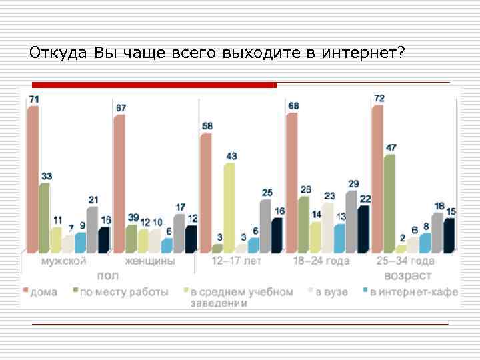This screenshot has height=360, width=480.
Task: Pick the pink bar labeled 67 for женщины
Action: pyautogui.click(x=119, y=183)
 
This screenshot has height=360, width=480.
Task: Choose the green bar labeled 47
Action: pyautogui.click(x=390, y=203)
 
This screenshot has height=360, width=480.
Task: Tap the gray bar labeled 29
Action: pyautogui.click(x=351, y=221)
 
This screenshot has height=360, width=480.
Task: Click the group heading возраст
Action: pyautogui.click(x=407, y=275)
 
